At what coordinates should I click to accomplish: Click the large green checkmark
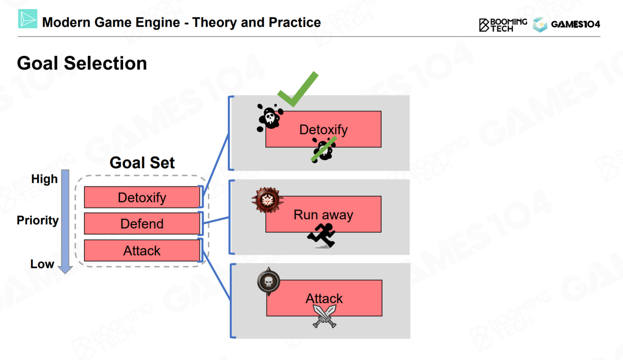tap(297, 90)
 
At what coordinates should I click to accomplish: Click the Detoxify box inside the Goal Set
tap(142, 198)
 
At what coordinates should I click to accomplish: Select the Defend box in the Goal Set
tap(142, 224)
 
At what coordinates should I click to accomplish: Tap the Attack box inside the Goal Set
tap(142, 251)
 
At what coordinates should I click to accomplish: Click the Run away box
tap(323, 215)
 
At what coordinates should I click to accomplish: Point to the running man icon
tap(322, 235)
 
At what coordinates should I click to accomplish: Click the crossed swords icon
tap(324, 316)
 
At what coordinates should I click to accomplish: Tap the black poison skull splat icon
tap(270, 118)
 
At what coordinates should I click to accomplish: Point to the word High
tap(44, 179)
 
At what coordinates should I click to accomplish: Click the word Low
tap(42, 264)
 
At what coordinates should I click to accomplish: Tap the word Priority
tap(37, 220)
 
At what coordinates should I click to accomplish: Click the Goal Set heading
tap(142, 162)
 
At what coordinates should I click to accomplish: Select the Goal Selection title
tap(82, 63)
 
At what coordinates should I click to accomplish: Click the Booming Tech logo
tap(503, 25)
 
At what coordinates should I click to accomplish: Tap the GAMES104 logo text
tap(575, 24)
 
